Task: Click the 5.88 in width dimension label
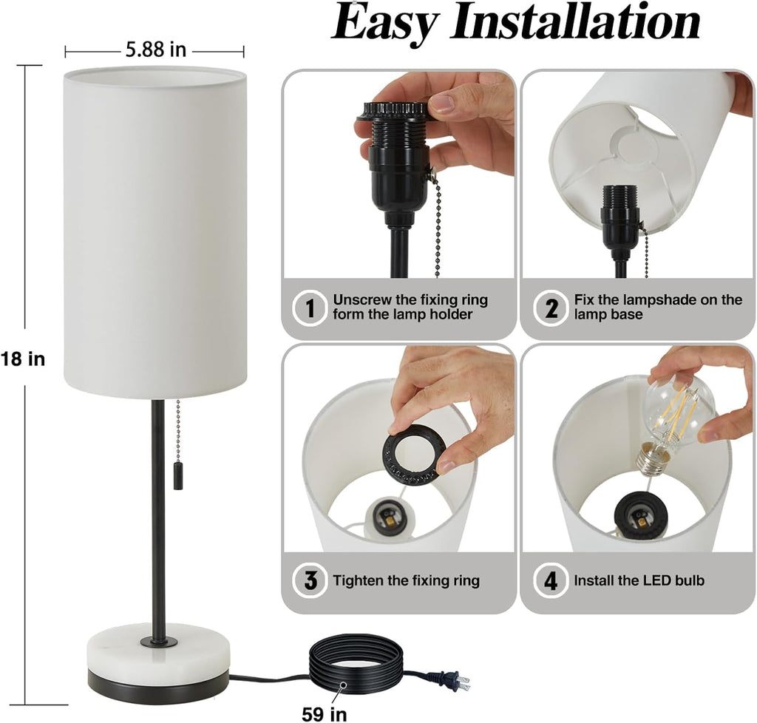(156, 50)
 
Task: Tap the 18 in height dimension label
(23, 359)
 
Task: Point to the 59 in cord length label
(325, 713)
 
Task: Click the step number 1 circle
(310, 308)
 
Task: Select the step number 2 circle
(551, 308)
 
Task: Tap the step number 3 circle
(310, 580)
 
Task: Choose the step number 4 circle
(551, 580)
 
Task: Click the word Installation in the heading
(575, 21)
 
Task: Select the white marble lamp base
(158, 647)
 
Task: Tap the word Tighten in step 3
(355, 580)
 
